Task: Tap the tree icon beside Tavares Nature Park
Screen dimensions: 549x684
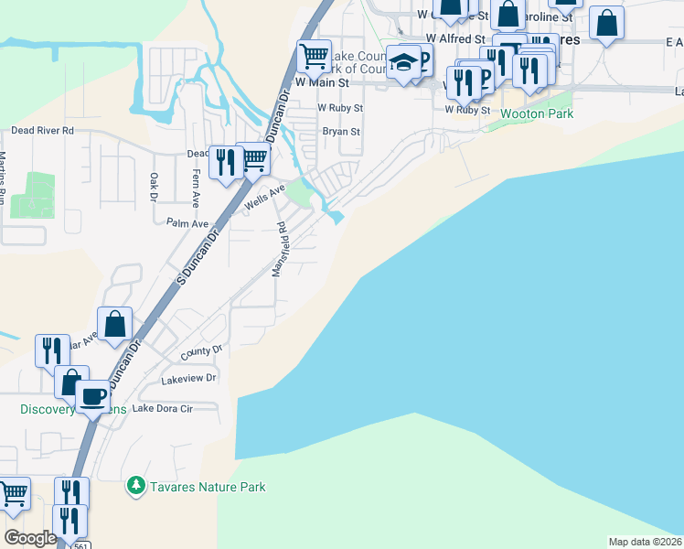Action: click(136, 485)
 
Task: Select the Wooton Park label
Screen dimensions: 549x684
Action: click(537, 114)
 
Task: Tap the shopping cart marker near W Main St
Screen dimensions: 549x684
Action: click(315, 57)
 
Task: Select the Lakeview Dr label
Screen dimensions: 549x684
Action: click(188, 378)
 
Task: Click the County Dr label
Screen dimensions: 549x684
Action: click(201, 350)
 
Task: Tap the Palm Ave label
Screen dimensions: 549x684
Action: click(188, 223)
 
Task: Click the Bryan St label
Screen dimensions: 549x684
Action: click(341, 131)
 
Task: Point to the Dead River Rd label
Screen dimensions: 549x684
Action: click(42, 131)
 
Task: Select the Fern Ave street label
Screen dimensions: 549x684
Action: click(196, 189)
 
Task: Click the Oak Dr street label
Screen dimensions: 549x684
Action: click(153, 188)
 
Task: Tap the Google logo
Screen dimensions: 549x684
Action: click(30, 538)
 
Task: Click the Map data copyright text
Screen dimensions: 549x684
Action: click(645, 542)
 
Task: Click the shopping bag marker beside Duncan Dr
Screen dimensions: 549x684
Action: click(115, 326)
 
